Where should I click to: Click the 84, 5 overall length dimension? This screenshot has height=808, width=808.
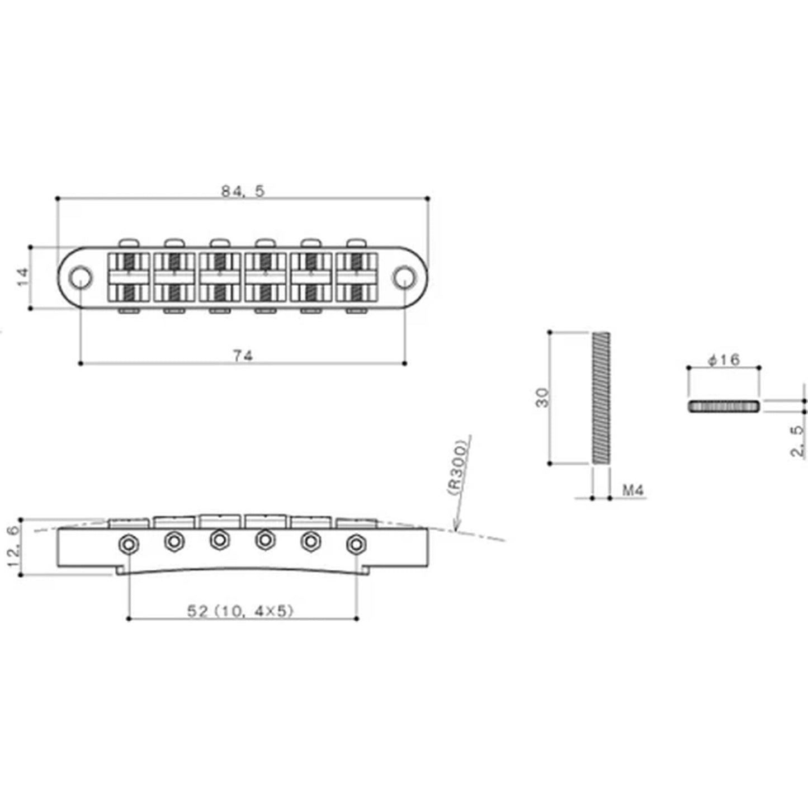coord(243,191)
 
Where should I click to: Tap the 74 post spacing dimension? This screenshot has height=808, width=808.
coord(243,356)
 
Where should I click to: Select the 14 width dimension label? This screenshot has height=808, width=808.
coord(23,277)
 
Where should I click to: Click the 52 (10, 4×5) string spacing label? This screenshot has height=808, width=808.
coord(240,611)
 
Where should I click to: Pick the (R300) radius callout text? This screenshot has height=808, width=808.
coord(457,467)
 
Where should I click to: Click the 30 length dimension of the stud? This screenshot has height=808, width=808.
coord(542,398)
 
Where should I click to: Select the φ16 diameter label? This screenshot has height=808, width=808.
coord(724,360)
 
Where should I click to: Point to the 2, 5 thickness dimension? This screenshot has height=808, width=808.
coord(797,441)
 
